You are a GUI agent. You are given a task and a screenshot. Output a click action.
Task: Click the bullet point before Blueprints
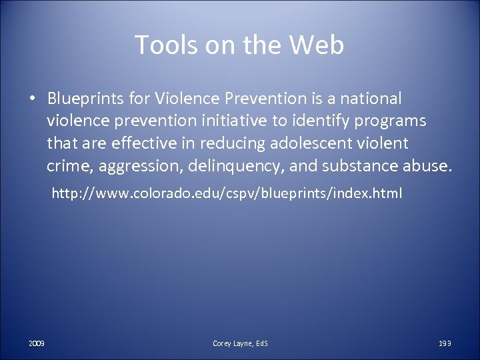(31, 99)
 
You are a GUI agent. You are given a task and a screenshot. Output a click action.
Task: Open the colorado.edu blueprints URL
(226, 195)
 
